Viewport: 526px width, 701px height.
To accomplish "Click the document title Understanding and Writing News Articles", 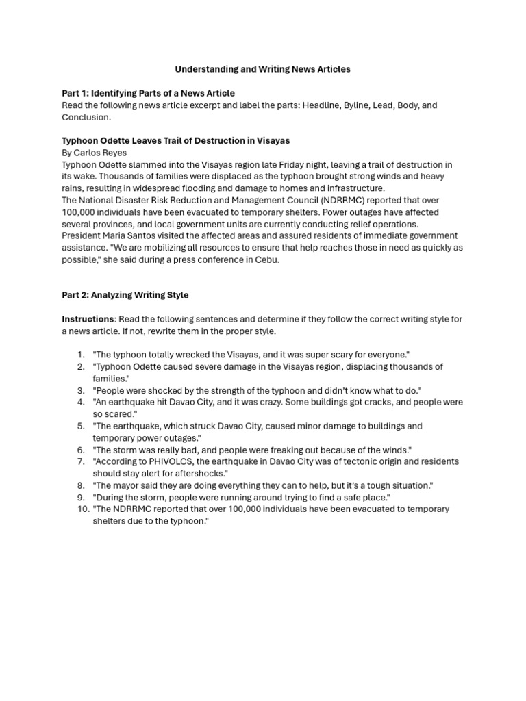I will pos(262,69).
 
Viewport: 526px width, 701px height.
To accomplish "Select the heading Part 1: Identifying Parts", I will pos(148,93).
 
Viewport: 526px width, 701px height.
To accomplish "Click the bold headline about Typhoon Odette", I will pos(175,140).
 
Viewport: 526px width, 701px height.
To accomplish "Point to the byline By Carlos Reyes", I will pos(94,153).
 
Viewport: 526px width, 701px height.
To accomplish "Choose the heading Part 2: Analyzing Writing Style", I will pos(125,295).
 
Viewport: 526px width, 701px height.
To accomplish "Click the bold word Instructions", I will pos(88,319).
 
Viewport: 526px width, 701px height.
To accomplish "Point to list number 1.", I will pos(81,355).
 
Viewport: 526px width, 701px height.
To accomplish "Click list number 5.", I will pos(81,426).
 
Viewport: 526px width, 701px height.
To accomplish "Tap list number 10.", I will pos(79,509).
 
